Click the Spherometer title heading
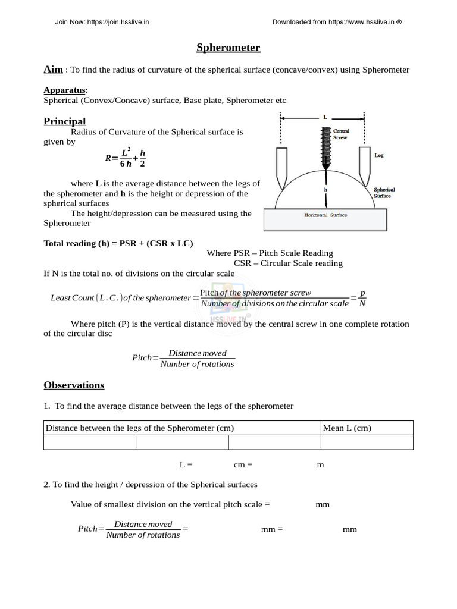pos(228,48)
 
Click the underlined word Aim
pos(54,70)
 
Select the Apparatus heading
pos(65,90)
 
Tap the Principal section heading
pos(65,121)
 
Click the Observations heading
pos(74,385)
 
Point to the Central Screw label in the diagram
pos(341,133)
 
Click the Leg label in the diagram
pos(378,155)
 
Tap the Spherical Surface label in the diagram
pos(384,193)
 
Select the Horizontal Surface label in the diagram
pos(325,215)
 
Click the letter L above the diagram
pos(325,117)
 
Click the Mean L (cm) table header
pos(347,428)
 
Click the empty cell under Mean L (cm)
pos(367,442)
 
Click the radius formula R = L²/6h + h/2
pos(125,158)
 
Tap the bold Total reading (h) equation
pos(118,243)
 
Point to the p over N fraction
pos(362,298)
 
